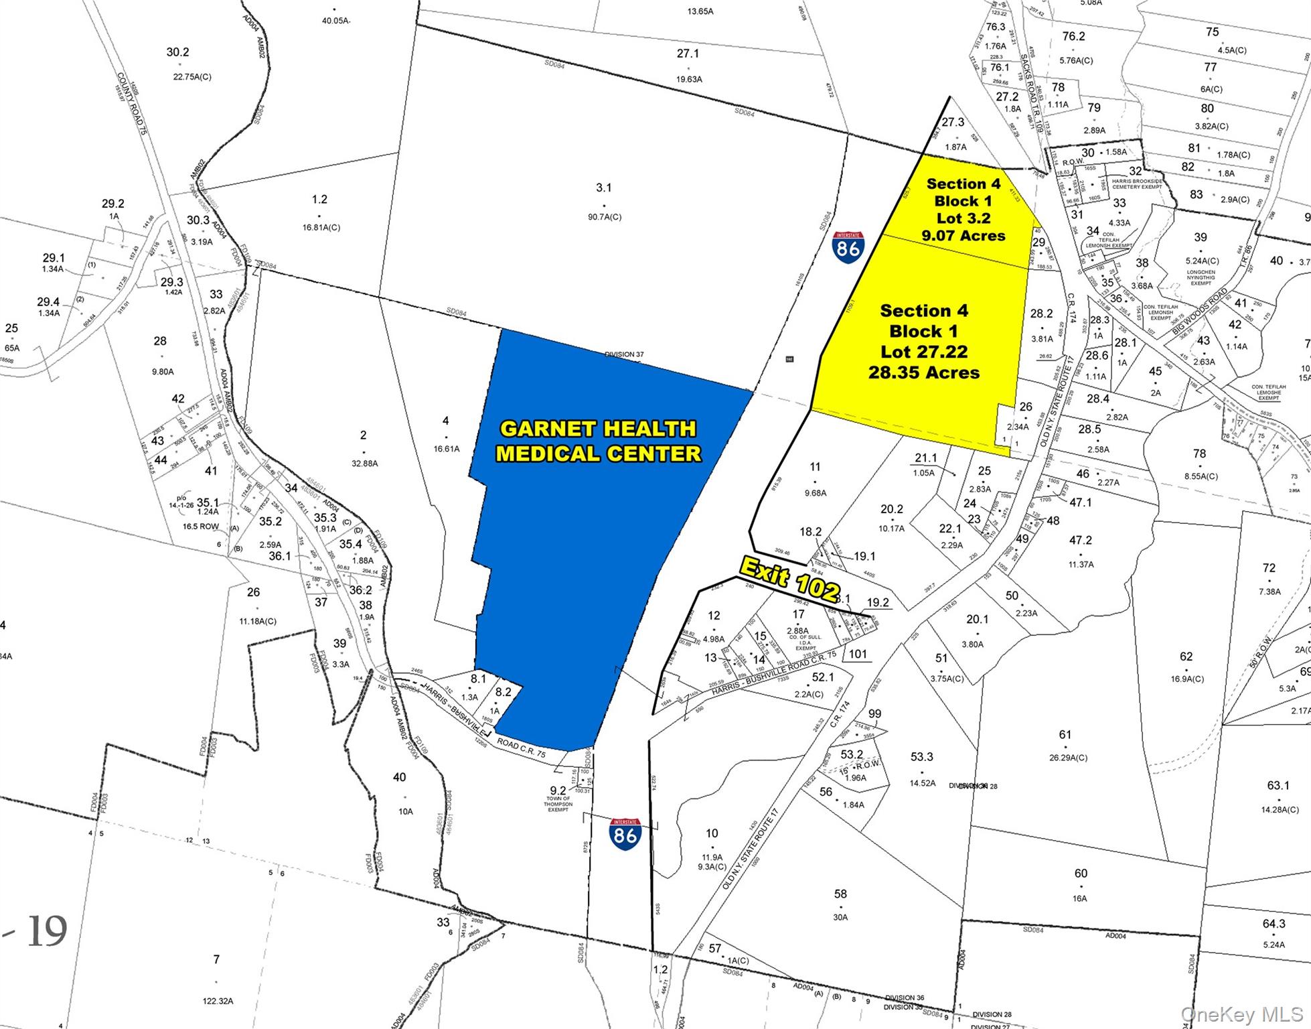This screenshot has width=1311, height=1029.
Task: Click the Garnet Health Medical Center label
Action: point(598,441)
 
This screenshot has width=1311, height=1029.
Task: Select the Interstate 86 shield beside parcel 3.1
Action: point(848,247)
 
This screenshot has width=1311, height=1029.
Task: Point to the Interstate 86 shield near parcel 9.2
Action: point(625,833)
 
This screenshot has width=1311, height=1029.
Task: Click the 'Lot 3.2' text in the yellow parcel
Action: point(963,218)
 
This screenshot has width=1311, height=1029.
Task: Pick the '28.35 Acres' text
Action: point(924,372)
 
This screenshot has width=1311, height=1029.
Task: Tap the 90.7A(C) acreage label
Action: point(604,217)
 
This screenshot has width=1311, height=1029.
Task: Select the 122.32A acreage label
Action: point(218,1001)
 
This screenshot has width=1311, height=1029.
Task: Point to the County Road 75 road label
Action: point(131,105)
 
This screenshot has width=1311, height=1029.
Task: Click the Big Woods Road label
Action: point(1199,312)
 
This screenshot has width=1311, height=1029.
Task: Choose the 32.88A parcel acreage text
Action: point(364,463)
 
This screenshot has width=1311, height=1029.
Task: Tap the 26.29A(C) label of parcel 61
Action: point(1068,758)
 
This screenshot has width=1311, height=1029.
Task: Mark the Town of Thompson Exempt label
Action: point(558,804)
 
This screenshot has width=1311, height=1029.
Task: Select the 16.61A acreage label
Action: point(446,449)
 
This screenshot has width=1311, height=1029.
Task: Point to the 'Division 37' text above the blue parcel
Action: point(624,354)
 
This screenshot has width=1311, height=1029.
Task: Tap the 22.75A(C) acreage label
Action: point(192,77)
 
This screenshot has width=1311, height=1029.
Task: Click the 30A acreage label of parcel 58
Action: point(840,917)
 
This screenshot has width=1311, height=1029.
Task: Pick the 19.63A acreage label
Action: point(689,79)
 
